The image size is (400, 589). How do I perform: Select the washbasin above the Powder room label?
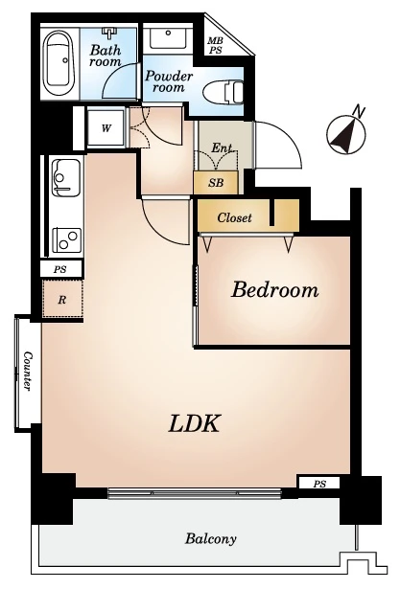pyautogui.click(x=168, y=36)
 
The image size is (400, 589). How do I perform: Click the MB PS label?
pyautogui.click(x=215, y=45)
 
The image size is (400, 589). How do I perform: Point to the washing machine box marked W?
pyautogui.click(x=106, y=128)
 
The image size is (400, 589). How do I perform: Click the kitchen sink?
pyautogui.click(x=66, y=178)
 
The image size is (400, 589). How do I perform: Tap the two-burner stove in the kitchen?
pyautogui.click(x=67, y=240)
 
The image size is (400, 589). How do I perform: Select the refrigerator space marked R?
pyautogui.click(x=62, y=300)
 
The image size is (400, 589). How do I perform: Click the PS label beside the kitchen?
pyautogui.click(x=60, y=269)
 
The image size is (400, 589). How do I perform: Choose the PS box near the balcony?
pyautogui.click(x=319, y=484)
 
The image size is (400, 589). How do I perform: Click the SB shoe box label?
pyautogui.click(x=216, y=183)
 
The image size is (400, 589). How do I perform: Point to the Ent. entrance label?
pyautogui.click(x=222, y=147)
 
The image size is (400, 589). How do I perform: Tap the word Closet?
pyautogui.click(x=234, y=217)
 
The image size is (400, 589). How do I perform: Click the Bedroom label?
pyautogui.click(x=274, y=289)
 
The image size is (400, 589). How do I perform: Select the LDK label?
pyautogui.click(x=194, y=423)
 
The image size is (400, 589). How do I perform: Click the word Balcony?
pyautogui.click(x=210, y=539)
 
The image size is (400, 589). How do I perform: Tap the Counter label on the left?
pyautogui.click(x=28, y=371)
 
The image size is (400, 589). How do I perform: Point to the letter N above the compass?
pyautogui.click(x=359, y=111)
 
